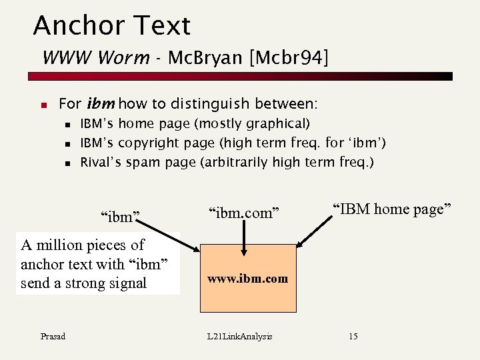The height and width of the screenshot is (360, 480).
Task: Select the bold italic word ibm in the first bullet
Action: pyautogui.click(x=101, y=104)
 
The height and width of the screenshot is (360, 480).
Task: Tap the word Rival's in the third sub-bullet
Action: pyautogui.click(x=101, y=162)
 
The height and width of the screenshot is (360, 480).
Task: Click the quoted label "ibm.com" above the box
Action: pyautogui.click(x=241, y=213)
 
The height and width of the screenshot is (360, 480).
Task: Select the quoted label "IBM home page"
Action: pyautogui.click(x=393, y=209)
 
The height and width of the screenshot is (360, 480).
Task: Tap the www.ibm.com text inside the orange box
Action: pyautogui.click(x=247, y=279)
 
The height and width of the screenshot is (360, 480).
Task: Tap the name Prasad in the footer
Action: pyautogui.click(x=52, y=336)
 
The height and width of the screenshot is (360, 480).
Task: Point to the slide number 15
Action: pyautogui.click(x=353, y=336)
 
